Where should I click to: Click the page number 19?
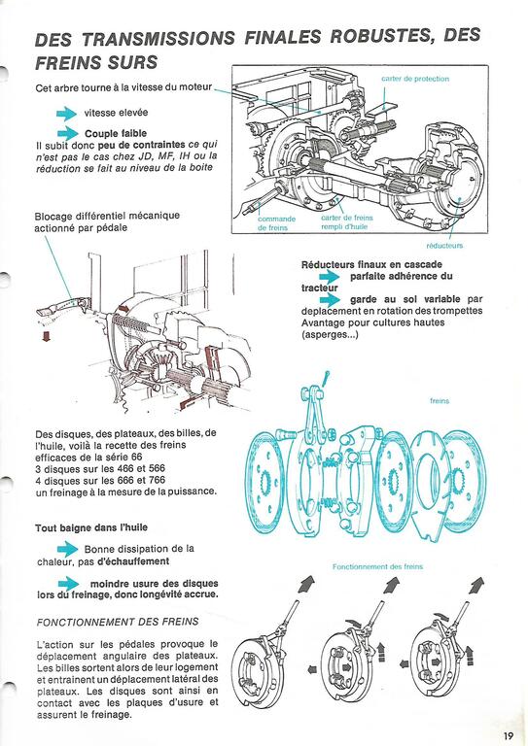509,735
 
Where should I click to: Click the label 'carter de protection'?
415,79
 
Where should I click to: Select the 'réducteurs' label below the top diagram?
444,246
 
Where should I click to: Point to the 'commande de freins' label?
276,223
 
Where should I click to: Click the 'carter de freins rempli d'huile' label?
347,222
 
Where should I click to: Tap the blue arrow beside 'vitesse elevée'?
67,114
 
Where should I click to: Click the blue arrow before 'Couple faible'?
68,133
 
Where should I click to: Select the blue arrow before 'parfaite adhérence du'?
330,277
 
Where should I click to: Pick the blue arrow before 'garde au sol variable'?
330,300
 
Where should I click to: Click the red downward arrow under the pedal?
46,336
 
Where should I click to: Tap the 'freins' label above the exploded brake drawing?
440,400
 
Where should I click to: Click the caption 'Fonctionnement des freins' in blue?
377,566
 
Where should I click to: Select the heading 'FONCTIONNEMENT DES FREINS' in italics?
118,622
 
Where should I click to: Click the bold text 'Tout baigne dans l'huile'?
91,527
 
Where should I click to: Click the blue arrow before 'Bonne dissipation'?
68,549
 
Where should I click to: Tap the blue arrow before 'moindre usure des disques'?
69,583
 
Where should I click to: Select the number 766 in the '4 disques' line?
155,480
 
